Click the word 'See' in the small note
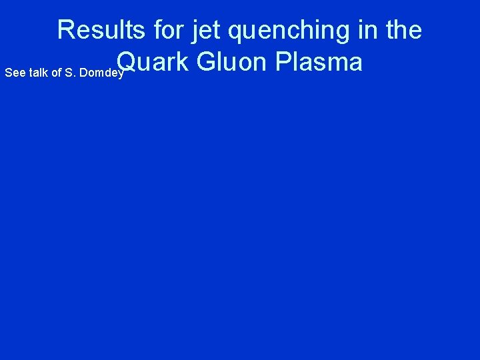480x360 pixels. tap(13, 72)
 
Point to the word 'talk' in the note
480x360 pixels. tap(37, 72)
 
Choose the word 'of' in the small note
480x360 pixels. tap(56, 72)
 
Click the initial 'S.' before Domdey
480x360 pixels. tap(71, 72)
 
